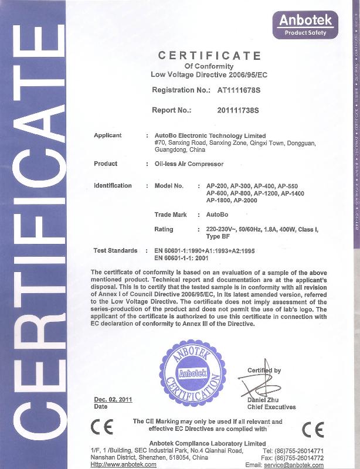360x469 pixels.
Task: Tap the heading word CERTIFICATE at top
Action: (x=209, y=56)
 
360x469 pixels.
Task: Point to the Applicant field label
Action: (x=108, y=135)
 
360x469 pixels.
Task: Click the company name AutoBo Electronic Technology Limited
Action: (x=210, y=136)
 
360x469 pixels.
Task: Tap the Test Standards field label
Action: (x=116, y=250)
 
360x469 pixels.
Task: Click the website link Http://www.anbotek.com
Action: (x=124, y=464)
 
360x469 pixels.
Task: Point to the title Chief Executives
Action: (x=271, y=407)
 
